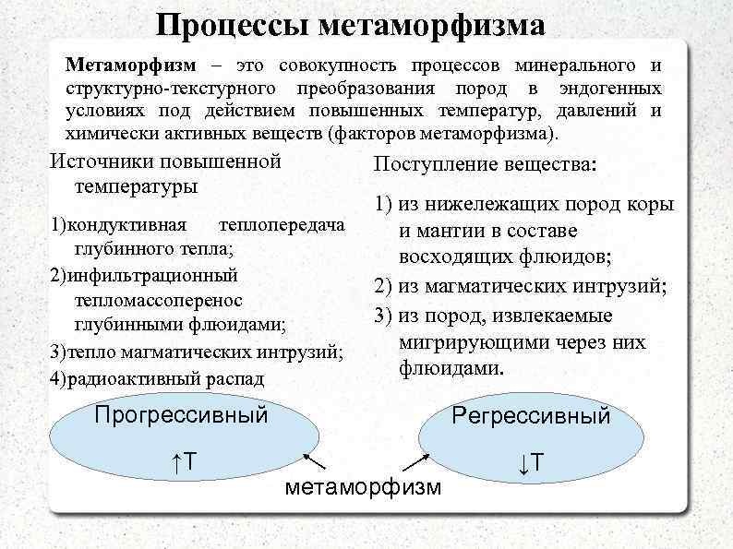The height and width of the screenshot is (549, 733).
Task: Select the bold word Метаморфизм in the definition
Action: click(x=131, y=66)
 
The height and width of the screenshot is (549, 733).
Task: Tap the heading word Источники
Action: click(x=102, y=162)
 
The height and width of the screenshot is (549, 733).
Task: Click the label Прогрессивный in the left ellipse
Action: click(x=181, y=414)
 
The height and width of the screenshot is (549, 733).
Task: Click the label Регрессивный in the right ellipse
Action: click(x=531, y=415)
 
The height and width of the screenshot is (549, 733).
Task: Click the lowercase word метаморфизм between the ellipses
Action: click(x=364, y=487)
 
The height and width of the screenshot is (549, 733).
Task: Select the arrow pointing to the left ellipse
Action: click(x=314, y=460)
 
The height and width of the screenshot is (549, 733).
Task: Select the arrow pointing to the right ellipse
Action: click(x=413, y=461)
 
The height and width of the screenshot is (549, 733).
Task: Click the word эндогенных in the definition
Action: click(x=610, y=90)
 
